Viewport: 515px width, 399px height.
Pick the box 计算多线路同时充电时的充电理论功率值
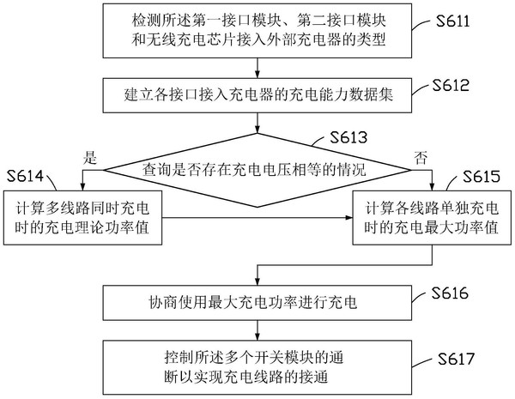83,218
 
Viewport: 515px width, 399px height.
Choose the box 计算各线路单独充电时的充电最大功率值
433,218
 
